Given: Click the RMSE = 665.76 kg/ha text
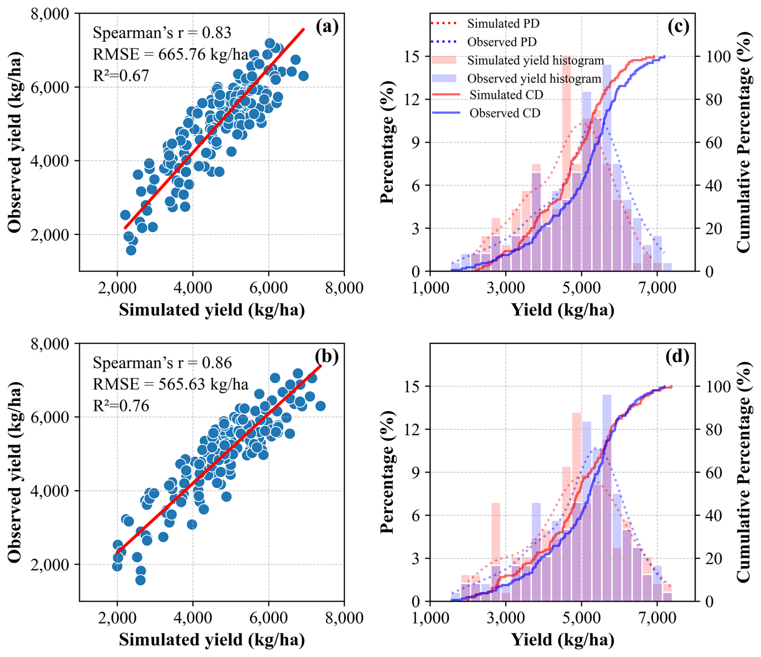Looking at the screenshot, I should (170, 54).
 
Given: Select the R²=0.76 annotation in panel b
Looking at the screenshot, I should (121, 406).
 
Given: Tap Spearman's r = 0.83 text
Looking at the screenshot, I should (162, 33).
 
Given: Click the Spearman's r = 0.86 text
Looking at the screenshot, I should (162, 363).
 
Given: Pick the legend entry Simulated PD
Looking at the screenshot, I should (503, 24).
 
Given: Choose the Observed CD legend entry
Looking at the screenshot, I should (505, 113).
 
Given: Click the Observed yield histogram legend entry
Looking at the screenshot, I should (534, 78).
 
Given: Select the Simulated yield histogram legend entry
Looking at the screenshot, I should (535, 60).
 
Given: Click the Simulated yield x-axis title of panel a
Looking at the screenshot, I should (212, 310).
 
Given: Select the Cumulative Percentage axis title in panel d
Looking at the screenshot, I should (743, 472).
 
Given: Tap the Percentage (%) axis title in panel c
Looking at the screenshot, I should (387, 142).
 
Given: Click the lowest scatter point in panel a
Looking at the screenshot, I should (131, 250).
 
